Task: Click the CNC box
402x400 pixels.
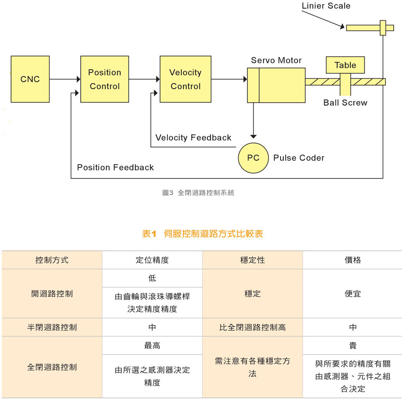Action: click(30, 79)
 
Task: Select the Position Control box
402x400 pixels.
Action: click(104, 79)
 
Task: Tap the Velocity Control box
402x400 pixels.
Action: click(185, 79)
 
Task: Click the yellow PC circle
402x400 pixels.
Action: click(253, 158)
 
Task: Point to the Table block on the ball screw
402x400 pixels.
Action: click(345, 65)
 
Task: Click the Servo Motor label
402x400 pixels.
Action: click(276, 61)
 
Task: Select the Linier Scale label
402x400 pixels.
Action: click(326, 6)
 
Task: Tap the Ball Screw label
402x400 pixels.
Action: click(345, 102)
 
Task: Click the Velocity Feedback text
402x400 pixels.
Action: click(193, 138)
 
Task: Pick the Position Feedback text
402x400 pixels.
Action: click(115, 167)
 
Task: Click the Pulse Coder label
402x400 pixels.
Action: click(299, 158)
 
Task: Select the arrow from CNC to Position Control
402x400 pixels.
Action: click(65, 79)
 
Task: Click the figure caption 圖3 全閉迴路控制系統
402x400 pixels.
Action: click(198, 193)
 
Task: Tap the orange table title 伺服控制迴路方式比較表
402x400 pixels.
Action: click(202, 233)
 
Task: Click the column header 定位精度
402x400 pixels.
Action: click(152, 260)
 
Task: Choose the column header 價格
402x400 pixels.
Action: click(352, 260)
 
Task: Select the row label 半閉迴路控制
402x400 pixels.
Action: click(52, 327)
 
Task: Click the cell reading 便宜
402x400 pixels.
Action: click(352, 294)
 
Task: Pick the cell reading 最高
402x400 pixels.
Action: click(152, 345)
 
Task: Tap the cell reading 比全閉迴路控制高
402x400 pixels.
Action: click(252, 327)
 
